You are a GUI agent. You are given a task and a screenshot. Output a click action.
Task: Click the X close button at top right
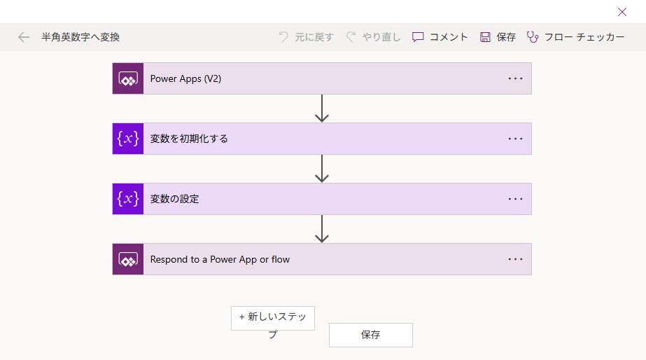(x=622, y=12)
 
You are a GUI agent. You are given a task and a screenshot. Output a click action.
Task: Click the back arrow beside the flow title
(x=24, y=37)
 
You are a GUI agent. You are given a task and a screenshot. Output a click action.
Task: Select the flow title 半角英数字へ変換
(x=80, y=37)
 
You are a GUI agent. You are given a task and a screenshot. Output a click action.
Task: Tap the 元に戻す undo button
(x=306, y=37)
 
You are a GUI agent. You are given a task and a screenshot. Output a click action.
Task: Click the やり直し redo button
(x=373, y=37)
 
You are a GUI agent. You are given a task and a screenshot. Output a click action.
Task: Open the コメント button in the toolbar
(x=440, y=37)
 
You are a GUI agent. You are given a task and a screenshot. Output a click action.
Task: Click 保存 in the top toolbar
(x=498, y=37)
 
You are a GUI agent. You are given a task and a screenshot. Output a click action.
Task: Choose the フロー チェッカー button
(x=575, y=37)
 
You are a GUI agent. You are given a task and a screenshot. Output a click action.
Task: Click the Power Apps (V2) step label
(x=185, y=78)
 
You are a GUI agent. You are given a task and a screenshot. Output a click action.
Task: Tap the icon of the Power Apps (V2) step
(x=128, y=78)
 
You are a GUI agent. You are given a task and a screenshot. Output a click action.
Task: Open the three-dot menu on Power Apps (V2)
(x=515, y=78)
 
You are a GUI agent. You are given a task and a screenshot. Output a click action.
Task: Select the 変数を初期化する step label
(x=189, y=139)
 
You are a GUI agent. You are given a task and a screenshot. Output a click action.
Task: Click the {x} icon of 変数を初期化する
(x=128, y=139)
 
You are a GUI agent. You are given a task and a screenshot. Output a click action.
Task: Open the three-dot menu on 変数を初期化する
(x=515, y=139)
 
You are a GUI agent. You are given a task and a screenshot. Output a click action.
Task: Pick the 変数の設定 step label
(x=175, y=199)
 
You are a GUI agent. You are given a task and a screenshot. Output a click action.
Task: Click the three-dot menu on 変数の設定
(x=515, y=199)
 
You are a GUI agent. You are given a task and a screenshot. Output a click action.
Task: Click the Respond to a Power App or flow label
(x=220, y=259)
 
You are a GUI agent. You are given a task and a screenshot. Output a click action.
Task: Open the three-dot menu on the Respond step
(x=515, y=259)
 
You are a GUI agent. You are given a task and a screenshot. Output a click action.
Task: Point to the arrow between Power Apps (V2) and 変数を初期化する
(x=322, y=109)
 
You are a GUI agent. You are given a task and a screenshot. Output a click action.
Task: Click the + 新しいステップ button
(x=273, y=318)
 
